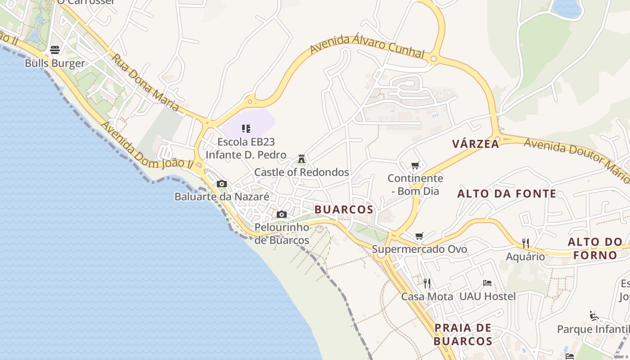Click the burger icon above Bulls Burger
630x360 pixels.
coord(55,50)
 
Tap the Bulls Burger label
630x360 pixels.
coord(55,63)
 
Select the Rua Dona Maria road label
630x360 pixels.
coord(145,83)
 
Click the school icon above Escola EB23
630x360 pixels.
coord(246,129)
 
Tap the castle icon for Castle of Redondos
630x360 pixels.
coord(301,159)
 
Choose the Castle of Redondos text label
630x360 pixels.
coord(301,172)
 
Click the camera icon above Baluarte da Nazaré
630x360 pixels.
coord(222,184)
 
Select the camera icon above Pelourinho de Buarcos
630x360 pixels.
coord(282,214)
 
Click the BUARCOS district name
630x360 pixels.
coord(344,210)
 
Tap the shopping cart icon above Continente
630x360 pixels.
coord(415,166)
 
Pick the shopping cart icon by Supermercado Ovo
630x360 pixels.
coord(419,236)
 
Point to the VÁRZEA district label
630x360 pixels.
coord(476,144)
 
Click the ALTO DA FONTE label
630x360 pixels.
coord(507,194)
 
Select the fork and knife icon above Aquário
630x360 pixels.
coord(525,243)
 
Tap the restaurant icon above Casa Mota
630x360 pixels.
coord(427,283)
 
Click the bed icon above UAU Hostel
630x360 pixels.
coord(487,283)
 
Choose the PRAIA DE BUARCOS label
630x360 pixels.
coord(463,334)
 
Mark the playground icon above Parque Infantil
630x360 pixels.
coord(594,316)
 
